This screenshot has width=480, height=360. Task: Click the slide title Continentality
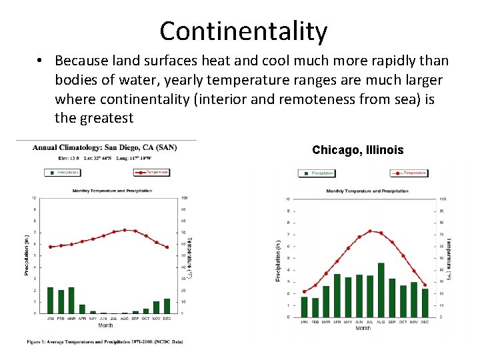[x=243, y=31]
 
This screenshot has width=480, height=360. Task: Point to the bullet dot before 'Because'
[x=41, y=61]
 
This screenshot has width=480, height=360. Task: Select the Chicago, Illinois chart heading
[x=357, y=150]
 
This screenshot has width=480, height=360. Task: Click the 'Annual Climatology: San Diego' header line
[x=105, y=147]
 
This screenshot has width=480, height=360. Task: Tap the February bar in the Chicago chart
[x=315, y=307]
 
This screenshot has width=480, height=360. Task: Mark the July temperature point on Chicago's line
[x=370, y=231]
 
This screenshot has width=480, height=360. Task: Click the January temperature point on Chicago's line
[x=304, y=291]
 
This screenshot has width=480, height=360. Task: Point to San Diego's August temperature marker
[x=125, y=230]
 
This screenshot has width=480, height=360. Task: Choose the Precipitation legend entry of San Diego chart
[x=63, y=172]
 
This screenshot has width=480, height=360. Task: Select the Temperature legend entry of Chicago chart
[x=409, y=173]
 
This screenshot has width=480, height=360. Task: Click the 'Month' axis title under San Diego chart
[x=105, y=325]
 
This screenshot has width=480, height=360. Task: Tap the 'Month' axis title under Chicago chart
[x=363, y=328]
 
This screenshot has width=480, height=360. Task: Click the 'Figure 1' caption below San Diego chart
[x=105, y=341]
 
